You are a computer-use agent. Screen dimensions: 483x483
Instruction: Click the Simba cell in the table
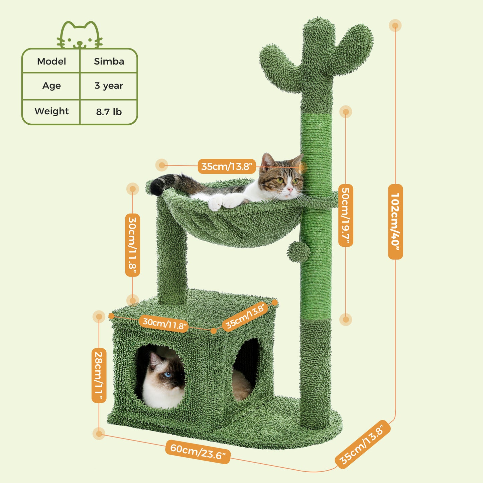click(109, 62)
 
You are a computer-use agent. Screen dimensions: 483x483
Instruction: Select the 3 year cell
click(109, 86)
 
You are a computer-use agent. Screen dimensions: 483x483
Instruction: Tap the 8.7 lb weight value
click(109, 112)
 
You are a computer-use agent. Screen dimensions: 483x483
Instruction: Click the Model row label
click(51, 62)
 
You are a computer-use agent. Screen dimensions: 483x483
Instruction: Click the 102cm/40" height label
click(395, 222)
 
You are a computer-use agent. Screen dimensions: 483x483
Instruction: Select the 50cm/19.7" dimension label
click(346, 215)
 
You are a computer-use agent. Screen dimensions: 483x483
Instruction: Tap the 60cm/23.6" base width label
click(198, 452)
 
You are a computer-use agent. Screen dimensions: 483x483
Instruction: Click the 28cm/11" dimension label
click(99, 375)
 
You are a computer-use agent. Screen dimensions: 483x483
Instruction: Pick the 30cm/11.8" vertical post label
click(132, 245)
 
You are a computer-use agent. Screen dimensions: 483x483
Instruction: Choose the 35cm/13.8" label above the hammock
click(227, 166)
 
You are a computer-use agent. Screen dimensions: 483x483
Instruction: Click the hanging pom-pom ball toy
click(298, 252)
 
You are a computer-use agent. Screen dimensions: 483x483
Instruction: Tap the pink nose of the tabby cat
click(290, 190)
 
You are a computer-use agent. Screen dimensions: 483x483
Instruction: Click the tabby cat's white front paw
click(216, 203)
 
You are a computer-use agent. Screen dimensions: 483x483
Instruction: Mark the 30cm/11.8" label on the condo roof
click(164, 323)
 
